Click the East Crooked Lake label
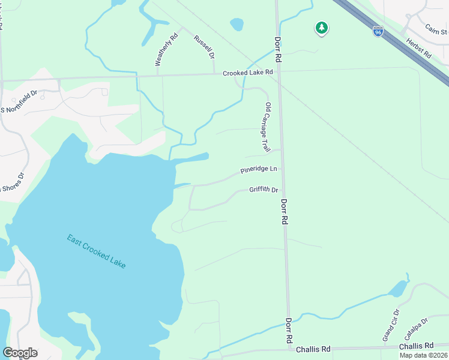pyautogui.click(x=97, y=251)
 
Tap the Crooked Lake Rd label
pyautogui.click(x=248, y=73)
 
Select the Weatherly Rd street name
pyautogui.click(x=158, y=49)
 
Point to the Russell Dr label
pyautogui.click(x=204, y=47)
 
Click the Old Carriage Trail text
pyautogui.click(x=265, y=127)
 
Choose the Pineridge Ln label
pyautogui.click(x=259, y=170)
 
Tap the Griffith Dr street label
pyautogui.click(x=264, y=190)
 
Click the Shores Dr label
pyautogui.click(x=12, y=182)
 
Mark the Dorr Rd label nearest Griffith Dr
pyautogui.click(x=284, y=212)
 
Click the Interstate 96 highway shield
pyautogui.click(x=378, y=31)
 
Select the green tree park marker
pyautogui.click(x=322, y=28)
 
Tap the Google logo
pyautogui.click(x=20, y=353)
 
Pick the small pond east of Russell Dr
pyautogui.click(x=237, y=25)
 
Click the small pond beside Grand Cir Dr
pyautogui.click(x=398, y=289)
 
